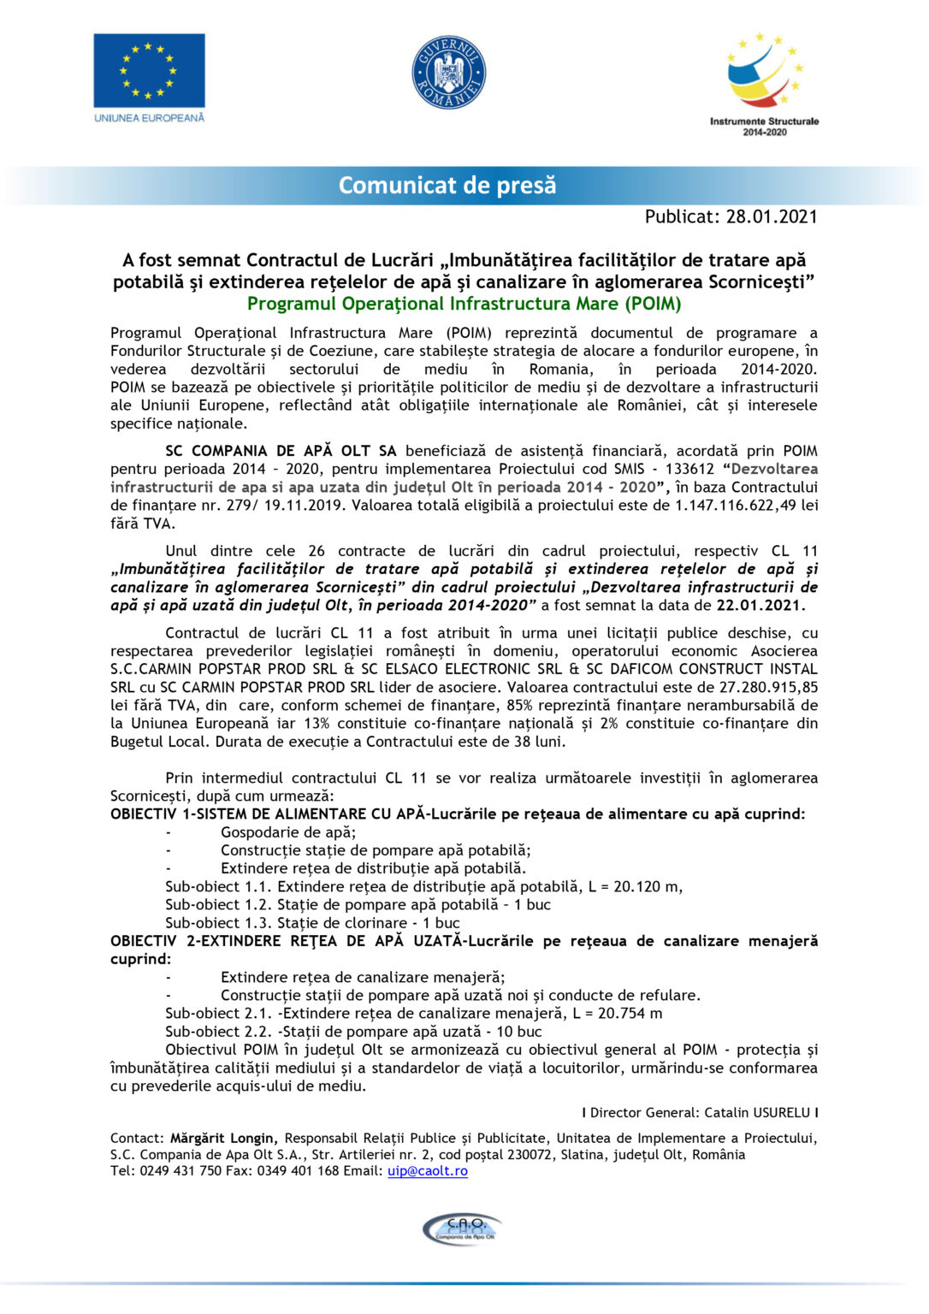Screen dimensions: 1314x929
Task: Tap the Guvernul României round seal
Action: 449,72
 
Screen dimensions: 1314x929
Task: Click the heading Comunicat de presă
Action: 447,185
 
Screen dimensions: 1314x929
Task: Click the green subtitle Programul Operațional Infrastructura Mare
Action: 464,304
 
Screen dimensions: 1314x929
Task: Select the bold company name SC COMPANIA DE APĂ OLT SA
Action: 281,451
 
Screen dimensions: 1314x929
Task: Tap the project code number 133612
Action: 690,469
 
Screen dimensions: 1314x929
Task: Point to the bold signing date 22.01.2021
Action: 759,605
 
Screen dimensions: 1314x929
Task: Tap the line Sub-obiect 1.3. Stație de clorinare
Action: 312,923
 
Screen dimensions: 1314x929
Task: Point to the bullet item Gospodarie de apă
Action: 288,832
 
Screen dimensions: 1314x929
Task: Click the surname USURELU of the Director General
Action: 781,1113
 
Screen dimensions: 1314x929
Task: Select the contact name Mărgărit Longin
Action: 222,1138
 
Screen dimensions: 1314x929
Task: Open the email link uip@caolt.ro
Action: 427,1170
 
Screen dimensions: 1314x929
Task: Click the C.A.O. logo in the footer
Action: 463,1228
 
